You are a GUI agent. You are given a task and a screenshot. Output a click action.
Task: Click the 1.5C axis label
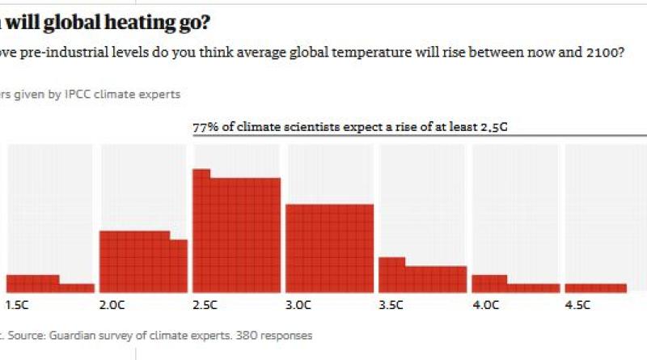18,305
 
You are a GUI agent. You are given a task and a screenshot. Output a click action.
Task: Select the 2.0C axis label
112,305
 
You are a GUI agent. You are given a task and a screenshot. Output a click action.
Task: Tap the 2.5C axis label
205,305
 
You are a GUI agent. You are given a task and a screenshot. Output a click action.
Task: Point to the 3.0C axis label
298,305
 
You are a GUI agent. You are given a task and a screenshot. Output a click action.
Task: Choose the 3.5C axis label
391,305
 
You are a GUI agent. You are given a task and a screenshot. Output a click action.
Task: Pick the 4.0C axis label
484,305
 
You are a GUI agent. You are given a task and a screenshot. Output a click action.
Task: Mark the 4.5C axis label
577,305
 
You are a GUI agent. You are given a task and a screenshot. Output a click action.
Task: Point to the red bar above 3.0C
329,247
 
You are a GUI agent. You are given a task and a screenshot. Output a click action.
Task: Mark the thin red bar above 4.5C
595,287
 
